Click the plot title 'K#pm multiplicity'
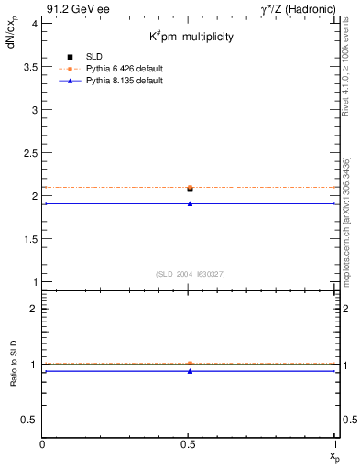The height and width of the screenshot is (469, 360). click(191, 37)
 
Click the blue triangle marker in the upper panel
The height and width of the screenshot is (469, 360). click(190, 203)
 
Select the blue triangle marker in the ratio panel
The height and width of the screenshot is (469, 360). click(190, 371)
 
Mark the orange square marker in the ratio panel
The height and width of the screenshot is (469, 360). click(190, 364)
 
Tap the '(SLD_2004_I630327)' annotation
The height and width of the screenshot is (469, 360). click(190, 274)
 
